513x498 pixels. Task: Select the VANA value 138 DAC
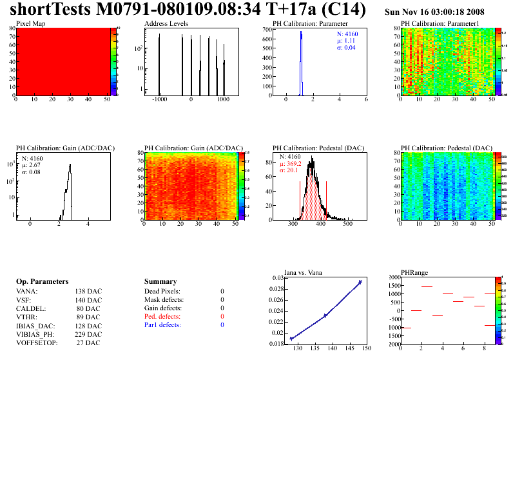88,291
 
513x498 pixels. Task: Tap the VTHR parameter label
26,317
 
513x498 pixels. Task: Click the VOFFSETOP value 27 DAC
88,343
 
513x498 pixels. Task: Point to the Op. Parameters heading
42,282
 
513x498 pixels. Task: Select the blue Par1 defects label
162,325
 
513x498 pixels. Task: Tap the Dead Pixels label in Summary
162,291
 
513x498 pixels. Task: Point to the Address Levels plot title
166,23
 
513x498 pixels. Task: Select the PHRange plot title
414,273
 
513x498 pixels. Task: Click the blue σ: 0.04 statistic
346,48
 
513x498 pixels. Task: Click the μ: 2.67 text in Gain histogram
32,165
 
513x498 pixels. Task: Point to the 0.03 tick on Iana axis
277,278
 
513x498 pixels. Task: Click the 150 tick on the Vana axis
366,348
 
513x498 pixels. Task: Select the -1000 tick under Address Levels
159,100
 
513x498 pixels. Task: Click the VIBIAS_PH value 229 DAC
88,334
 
